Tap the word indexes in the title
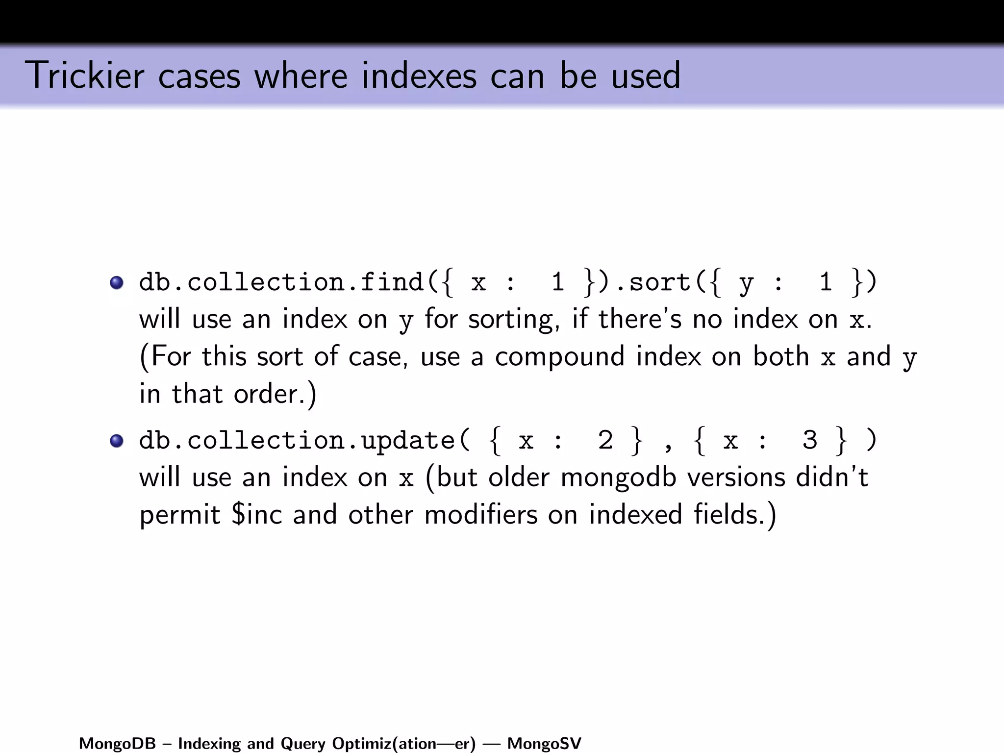point(419,76)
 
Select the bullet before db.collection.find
point(117,283)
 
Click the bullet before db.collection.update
point(117,441)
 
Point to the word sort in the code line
point(659,283)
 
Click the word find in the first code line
point(392,282)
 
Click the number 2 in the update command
point(605,440)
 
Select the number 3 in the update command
point(810,440)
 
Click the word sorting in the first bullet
point(514,320)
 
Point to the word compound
point(559,357)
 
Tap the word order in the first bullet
point(266,394)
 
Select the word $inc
point(257,515)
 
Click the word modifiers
point(481,515)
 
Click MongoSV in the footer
point(544,744)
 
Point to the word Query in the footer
point(302,744)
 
